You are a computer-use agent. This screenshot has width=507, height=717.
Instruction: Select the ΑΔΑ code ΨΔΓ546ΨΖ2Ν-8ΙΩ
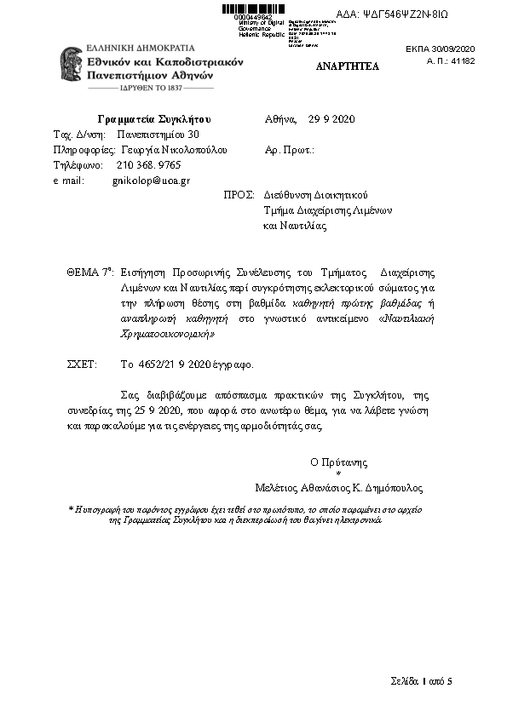pyautogui.click(x=418, y=14)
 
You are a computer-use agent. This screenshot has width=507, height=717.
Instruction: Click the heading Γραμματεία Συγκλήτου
pyautogui.click(x=154, y=118)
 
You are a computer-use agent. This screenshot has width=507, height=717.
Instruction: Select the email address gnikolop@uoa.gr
pyautogui.click(x=151, y=181)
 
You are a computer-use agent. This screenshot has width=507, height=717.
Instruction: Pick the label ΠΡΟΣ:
pyautogui.click(x=239, y=195)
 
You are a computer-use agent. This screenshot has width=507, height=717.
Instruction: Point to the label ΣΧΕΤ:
pyautogui.click(x=82, y=364)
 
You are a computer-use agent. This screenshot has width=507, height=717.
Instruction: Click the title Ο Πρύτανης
pyautogui.click(x=338, y=462)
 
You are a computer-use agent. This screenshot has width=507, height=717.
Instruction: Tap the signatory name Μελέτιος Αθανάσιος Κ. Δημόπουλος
pyautogui.click(x=338, y=489)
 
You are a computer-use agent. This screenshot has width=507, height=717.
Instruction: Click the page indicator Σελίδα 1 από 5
pyautogui.click(x=421, y=681)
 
